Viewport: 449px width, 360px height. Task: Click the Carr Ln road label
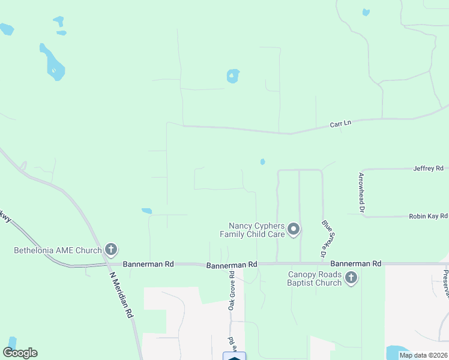tap(340, 124)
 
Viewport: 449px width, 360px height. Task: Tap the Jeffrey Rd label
tap(428, 169)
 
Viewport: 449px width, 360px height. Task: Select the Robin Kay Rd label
tap(428, 216)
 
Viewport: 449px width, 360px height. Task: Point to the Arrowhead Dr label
tap(361, 192)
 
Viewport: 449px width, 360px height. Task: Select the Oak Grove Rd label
tap(231, 292)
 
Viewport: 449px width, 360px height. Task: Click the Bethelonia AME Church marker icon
tap(110, 249)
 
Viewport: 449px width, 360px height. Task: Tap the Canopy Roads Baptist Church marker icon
tap(351, 277)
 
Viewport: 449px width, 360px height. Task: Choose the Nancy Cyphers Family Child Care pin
tap(294, 229)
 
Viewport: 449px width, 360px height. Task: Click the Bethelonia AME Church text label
tap(58, 250)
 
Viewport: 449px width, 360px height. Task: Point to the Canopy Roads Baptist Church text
tap(315, 278)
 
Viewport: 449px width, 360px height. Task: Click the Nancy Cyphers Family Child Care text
tap(252, 229)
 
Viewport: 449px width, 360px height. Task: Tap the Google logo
tap(20, 353)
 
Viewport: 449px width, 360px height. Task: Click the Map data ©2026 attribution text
tap(423, 355)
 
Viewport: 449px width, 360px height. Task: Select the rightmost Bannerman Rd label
tap(356, 263)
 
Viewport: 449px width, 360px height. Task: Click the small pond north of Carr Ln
tap(233, 76)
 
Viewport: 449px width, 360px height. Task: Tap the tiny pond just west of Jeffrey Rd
tap(262, 161)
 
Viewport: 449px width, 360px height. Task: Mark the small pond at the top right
tap(366, 12)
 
